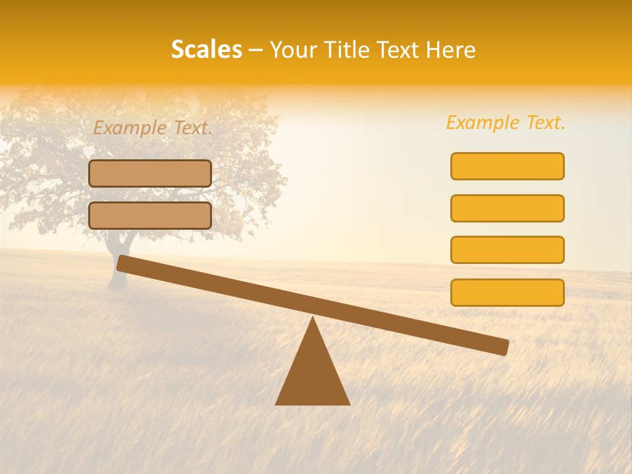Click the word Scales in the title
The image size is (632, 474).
click(206, 49)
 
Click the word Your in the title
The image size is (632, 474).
click(294, 50)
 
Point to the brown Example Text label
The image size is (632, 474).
click(153, 128)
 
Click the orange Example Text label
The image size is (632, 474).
click(506, 122)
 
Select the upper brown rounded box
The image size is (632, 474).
click(150, 173)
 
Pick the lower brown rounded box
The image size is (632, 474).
click(150, 215)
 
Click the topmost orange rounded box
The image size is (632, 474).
click(507, 166)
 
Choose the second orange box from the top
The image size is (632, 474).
click(507, 208)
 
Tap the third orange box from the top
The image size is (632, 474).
click(507, 250)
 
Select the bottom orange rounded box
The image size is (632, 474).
click(507, 292)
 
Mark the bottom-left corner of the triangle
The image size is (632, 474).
click(276, 404)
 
